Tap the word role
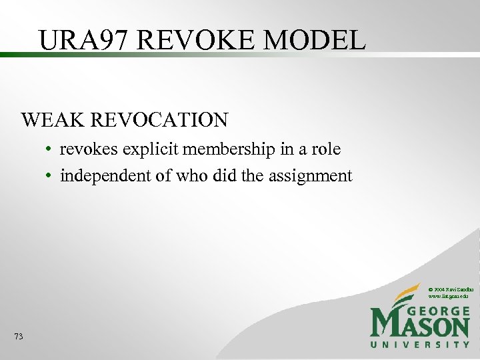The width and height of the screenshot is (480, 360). point(327,149)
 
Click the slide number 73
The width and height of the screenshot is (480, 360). point(18,337)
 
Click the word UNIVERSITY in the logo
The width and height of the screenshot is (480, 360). point(420,344)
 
